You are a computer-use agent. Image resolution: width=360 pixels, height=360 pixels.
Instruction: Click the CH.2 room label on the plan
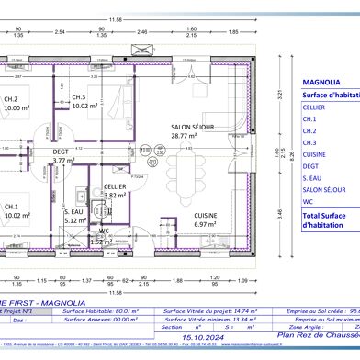point(11,99)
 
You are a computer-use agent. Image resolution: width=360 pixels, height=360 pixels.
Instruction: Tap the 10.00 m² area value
point(16,108)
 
